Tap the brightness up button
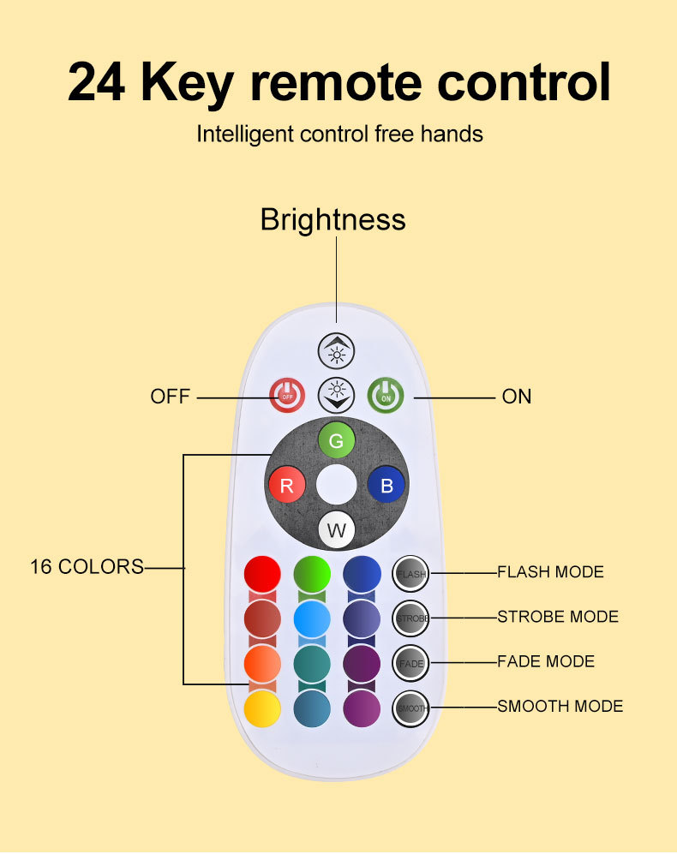(x=336, y=352)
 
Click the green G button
(x=336, y=441)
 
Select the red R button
(x=287, y=486)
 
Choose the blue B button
(x=386, y=486)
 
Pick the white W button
(x=336, y=530)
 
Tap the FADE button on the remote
(x=411, y=663)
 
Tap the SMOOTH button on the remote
(x=411, y=708)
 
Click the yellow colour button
(x=262, y=708)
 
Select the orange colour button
(x=262, y=662)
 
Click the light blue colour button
(x=312, y=617)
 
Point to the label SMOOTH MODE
(x=560, y=707)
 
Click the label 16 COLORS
(x=87, y=567)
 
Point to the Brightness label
(x=333, y=220)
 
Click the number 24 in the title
(x=97, y=82)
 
